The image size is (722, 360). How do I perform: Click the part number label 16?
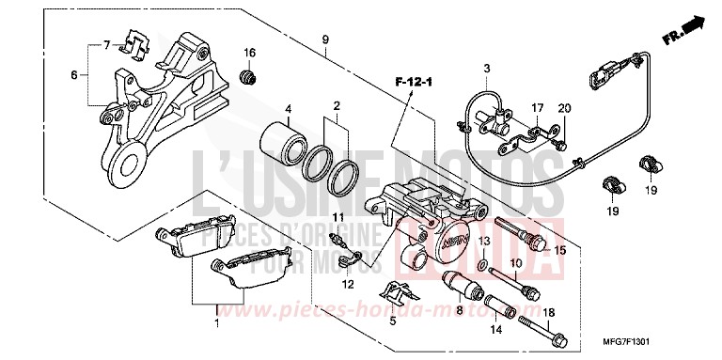tap(249, 51)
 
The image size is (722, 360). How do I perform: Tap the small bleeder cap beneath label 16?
tap(249, 74)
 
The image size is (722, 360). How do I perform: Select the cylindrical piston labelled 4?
tap(280, 142)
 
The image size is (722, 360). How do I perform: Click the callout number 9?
tap(324, 39)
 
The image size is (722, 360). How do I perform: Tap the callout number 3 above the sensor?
tap(487, 69)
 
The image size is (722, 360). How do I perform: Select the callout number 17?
tap(537, 109)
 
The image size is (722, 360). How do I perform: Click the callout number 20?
tap(564, 109)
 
